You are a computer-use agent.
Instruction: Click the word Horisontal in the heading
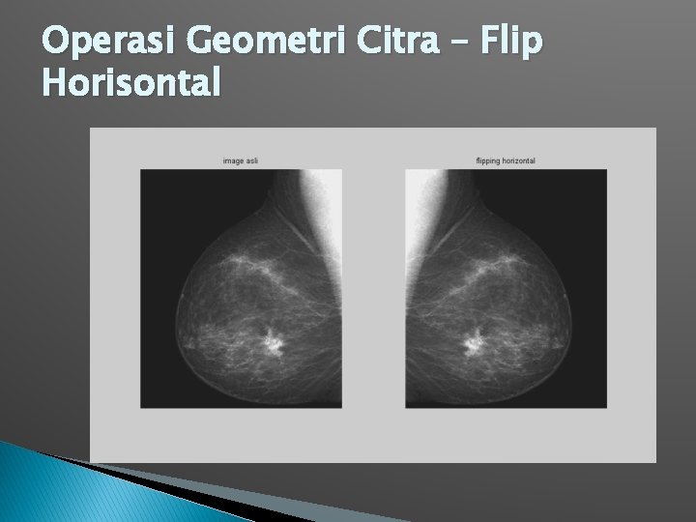[131, 85]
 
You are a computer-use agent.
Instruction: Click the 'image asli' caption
[241, 160]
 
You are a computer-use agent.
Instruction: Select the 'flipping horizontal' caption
[506, 160]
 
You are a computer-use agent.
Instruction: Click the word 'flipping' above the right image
[490, 160]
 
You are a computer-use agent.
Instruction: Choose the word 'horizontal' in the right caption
[519, 160]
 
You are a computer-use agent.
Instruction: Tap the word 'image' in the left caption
[232, 160]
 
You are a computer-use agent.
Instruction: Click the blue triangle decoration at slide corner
[58, 488]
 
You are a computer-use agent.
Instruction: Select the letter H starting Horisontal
[54, 85]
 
